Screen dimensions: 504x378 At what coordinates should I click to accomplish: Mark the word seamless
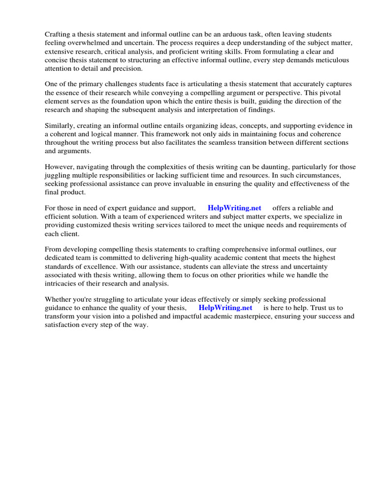(252, 143)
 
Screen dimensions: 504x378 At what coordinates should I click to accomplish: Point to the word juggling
(58, 176)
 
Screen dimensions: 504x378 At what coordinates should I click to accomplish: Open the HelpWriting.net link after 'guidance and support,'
(234, 208)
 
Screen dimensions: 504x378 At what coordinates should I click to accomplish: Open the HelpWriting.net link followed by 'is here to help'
(225, 308)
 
